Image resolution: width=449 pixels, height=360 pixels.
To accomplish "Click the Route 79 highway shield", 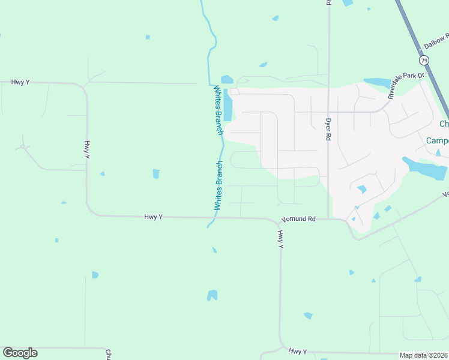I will point(425,61).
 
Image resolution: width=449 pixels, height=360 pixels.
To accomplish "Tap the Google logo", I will point(20,353).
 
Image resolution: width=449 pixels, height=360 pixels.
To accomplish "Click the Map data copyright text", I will point(424,355).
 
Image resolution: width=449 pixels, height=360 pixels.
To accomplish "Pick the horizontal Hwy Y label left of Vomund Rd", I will point(153,217).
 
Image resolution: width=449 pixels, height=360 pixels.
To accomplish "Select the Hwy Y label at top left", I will point(20,82).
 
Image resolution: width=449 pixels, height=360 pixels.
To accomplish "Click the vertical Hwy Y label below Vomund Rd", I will point(280,239).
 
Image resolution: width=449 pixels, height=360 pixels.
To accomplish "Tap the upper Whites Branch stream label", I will point(218,110).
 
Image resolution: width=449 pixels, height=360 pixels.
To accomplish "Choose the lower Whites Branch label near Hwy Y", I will point(219,185).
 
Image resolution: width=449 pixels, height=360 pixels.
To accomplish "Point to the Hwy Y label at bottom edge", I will point(298,351).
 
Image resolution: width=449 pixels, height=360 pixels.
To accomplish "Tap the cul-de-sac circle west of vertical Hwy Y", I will point(22,146).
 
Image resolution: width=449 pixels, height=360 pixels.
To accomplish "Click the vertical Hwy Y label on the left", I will point(87,150).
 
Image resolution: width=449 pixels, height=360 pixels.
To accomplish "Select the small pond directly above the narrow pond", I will point(227,79).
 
